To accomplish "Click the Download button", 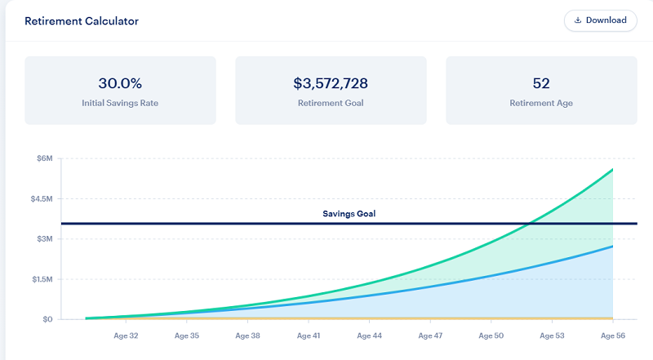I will [600, 20].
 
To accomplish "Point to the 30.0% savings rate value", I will [120, 82].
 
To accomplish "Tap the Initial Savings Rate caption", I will [120, 104].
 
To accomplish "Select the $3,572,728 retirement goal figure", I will [331, 82].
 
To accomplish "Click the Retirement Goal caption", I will [331, 104].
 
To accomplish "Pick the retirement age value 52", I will [541, 82].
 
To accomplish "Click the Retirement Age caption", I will [541, 104].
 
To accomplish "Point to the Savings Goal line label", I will [349, 214].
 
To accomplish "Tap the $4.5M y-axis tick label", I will [39, 198].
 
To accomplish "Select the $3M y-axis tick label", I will [43, 238].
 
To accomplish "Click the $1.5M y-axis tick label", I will [39, 278].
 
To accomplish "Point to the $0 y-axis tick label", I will [47, 319].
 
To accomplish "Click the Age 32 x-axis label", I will [127, 336].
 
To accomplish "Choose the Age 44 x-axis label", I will [370, 336].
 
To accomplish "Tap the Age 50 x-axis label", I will [491, 336].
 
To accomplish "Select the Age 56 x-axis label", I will [613, 336].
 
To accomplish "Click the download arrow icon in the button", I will [578, 20].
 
